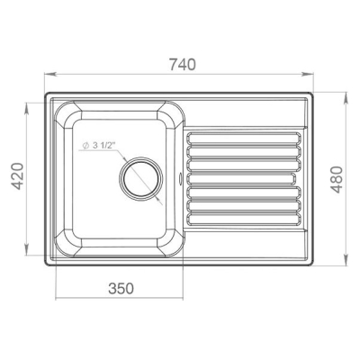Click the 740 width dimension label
pos(183,65)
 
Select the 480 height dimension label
pos(337,180)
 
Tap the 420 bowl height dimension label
pos(17,176)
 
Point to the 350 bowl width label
pos(121,288)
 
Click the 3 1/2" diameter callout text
pos(104,146)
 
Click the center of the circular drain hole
pos(140,179)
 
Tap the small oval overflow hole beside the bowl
pos(180,178)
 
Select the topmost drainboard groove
pos(244,139)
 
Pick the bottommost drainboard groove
pos(244,220)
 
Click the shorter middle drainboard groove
pos(241,179)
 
